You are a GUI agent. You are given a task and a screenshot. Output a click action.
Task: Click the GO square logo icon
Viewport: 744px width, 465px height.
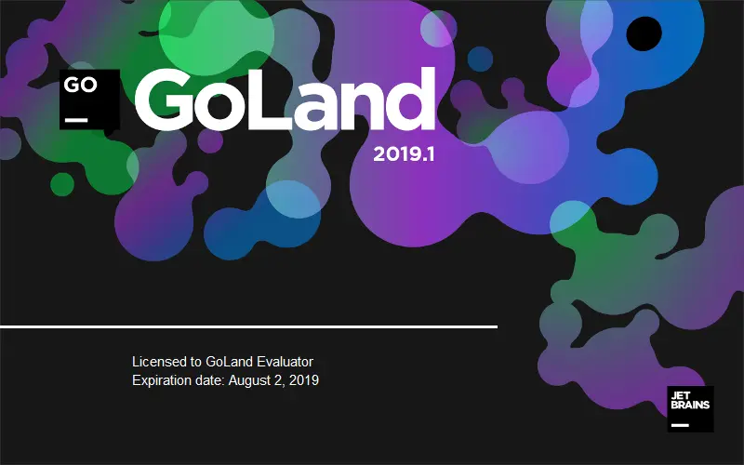[90, 98]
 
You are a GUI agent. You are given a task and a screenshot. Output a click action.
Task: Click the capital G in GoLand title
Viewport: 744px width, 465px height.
[173, 100]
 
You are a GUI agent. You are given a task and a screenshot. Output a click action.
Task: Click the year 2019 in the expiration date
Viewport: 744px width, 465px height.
[303, 380]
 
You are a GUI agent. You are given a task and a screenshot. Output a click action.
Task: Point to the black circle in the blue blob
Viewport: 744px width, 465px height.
[644, 33]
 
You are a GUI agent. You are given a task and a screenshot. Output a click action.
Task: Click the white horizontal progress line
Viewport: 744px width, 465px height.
[248, 327]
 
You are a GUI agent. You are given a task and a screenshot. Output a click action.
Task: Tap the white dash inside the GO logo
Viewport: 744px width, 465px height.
[76, 118]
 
